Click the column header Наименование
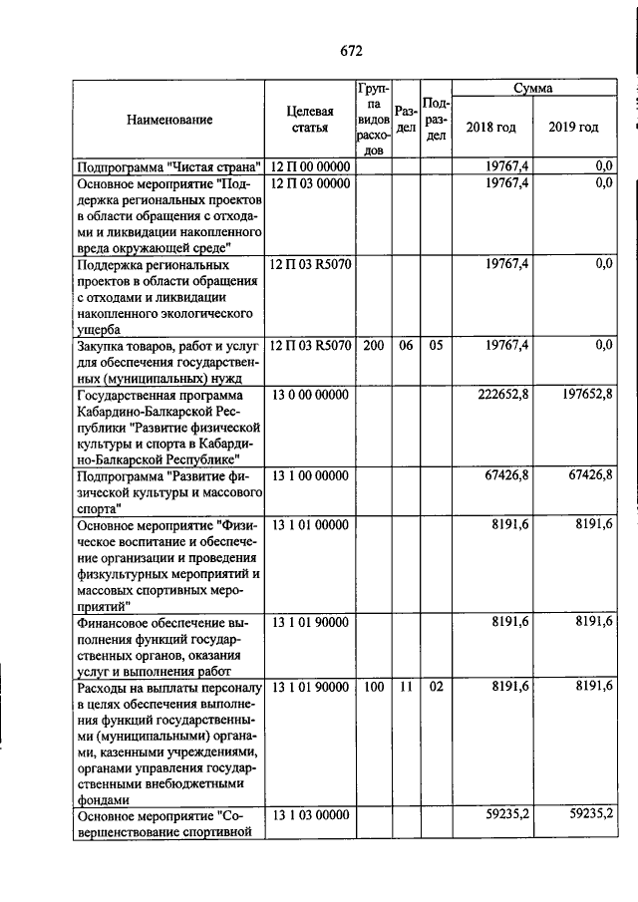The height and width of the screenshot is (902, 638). click(169, 121)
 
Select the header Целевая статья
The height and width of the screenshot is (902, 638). click(311, 121)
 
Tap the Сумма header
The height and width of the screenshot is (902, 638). click(532, 89)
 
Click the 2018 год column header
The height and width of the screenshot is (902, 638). click(490, 128)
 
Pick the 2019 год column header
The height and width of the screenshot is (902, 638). click(573, 128)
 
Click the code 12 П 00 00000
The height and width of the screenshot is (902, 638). click(310, 166)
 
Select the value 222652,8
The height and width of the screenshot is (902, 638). click(503, 396)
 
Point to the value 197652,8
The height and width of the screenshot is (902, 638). click(584, 396)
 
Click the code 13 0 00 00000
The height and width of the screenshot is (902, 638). click(310, 396)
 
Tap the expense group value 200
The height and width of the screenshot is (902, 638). click(373, 345)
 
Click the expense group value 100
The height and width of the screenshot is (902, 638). click(373, 687)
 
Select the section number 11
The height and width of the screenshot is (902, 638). click(405, 687)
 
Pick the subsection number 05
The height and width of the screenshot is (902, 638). click(435, 345)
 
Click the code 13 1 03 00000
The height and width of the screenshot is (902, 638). click(310, 815)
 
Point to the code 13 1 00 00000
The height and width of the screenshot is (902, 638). click(310, 476)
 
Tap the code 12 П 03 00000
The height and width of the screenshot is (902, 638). click(310, 183)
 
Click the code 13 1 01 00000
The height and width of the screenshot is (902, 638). click(310, 524)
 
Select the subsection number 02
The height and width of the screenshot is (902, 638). click(435, 687)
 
